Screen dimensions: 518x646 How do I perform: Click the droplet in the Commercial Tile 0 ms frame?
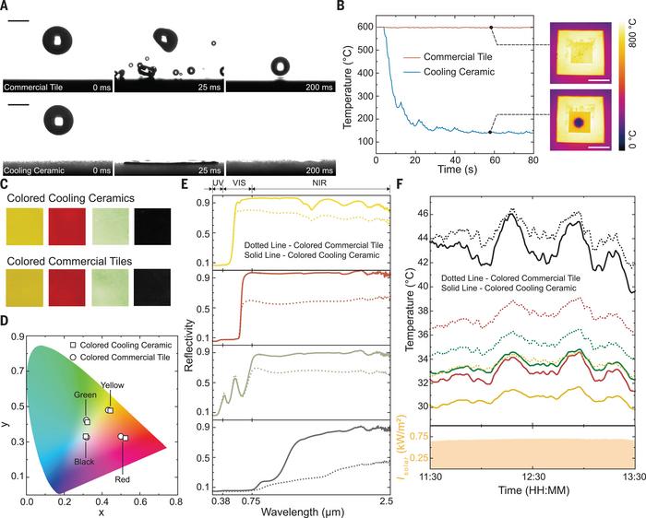[59, 40]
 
